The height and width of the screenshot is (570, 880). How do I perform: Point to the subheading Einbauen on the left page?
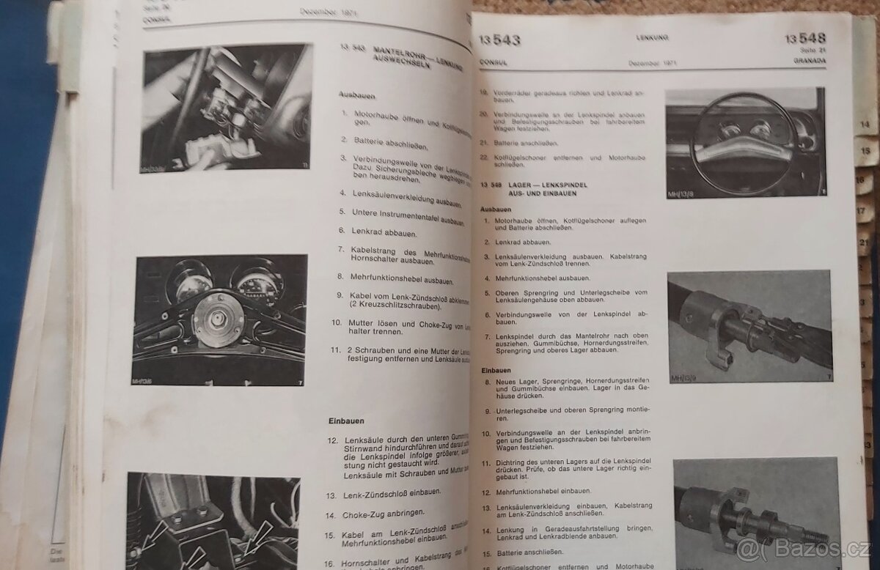[x=344, y=421]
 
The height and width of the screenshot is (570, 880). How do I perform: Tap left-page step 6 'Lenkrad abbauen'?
[x=374, y=232]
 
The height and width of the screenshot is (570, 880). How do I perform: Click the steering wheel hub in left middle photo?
[x=219, y=317]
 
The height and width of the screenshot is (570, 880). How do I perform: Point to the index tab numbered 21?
[x=865, y=243]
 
